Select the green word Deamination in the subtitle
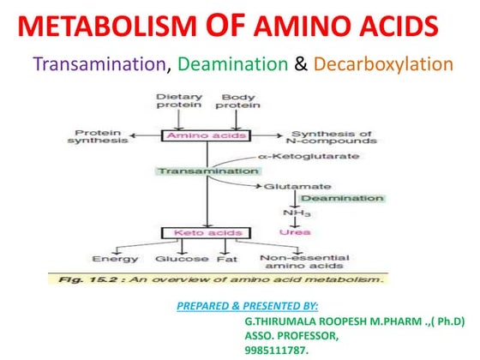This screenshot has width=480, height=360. click(x=233, y=64)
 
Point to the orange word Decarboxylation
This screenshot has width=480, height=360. click(x=382, y=64)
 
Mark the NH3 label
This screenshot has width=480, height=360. click(x=294, y=214)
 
